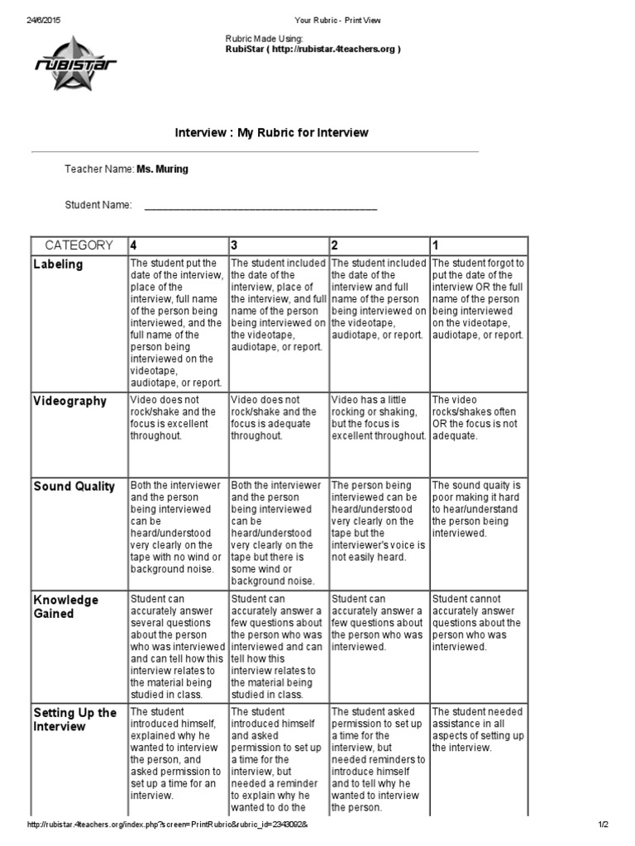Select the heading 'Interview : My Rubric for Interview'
click(x=271, y=132)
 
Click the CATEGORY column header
click(x=79, y=245)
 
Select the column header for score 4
click(x=134, y=245)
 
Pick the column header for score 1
click(x=436, y=245)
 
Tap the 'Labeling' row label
click(x=58, y=264)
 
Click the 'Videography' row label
click(x=69, y=402)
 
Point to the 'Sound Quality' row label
click(x=74, y=487)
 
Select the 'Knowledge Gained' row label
click(x=65, y=606)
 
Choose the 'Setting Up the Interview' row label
click(x=74, y=720)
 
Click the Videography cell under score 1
click(x=478, y=417)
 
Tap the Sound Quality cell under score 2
click(x=378, y=520)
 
